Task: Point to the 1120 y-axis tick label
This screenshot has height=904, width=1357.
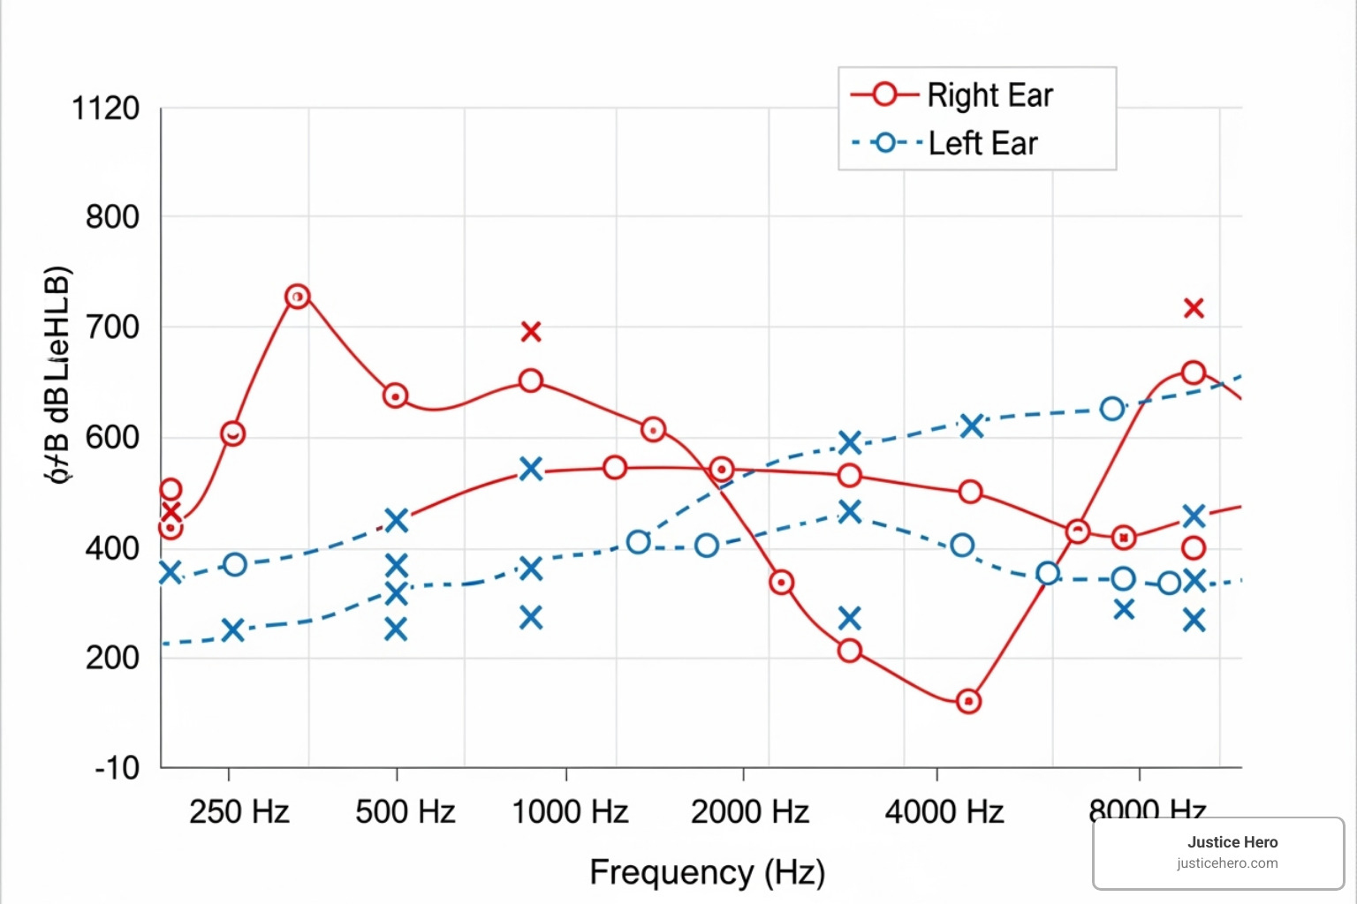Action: [105, 109]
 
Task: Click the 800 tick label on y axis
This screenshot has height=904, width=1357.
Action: [112, 216]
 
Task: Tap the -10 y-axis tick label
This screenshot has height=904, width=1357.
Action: [117, 767]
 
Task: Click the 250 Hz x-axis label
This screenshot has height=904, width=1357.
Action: [239, 811]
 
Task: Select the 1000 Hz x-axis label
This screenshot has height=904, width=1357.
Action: [570, 811]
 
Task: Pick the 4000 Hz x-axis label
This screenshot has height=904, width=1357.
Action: [944, 811]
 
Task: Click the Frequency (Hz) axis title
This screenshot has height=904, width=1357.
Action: [707, 872]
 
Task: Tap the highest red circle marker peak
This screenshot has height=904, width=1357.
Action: [298, 297]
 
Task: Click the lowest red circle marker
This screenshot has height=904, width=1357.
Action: [968, 702]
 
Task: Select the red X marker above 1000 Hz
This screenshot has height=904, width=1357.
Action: [530, 332]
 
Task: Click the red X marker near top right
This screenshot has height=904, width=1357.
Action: [1194, 308]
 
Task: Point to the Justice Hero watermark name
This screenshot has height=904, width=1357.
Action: [1232, 842]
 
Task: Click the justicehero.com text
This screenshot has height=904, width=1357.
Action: [1226, 863]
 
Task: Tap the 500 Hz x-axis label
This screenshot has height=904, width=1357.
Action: [405, 811]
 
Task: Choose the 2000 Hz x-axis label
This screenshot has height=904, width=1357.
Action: [749, 811]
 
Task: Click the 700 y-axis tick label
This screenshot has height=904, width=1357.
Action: [112, 328]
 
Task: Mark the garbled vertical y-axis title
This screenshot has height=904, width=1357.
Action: [57, 374]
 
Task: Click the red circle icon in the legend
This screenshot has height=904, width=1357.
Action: [884, 94]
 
